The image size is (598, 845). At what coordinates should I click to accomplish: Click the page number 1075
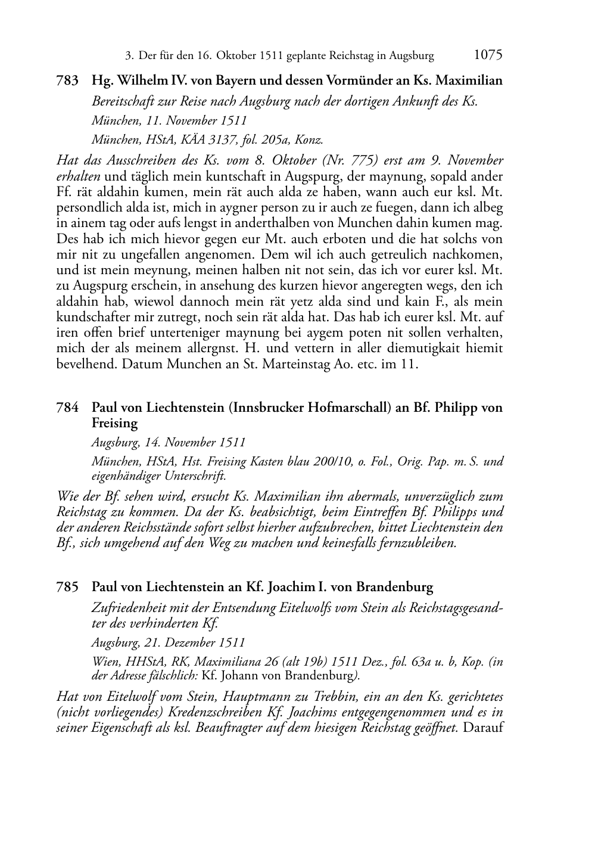pyautogui.click(x=488, y=55)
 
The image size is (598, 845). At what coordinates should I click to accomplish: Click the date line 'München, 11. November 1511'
pyautogui.click(x=169, y=120)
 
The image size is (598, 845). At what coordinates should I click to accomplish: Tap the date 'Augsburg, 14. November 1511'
pyautogui.click(x=169, y=443)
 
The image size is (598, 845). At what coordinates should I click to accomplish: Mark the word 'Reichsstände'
pyautogui.click(x=159, y=527)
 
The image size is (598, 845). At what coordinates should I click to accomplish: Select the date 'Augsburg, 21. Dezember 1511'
pyautogui.click(x=169, y=643)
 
